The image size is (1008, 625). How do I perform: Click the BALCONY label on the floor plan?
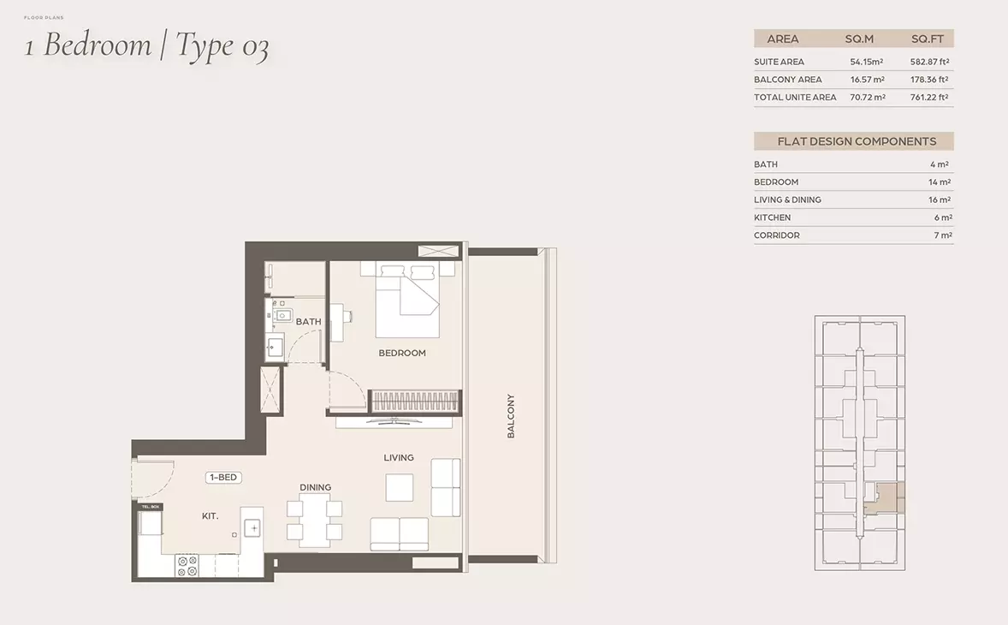tap(511, 416)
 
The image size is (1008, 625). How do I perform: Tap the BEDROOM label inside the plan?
tap(402, 353)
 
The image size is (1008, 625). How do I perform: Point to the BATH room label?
tap(309, 322)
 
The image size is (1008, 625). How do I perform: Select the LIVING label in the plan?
tap(399, 458)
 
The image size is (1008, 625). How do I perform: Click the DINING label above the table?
tap(316, 487)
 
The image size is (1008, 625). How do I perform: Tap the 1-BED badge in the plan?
tap(223, 477)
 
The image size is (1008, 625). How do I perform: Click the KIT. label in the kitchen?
tap(210, 515)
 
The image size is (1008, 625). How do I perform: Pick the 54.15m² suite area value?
tap(867, 62)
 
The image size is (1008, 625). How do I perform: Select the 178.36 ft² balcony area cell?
tap(929, 80)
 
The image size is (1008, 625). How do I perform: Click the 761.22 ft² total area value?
tap(929, 97)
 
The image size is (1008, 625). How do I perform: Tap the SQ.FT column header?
tap(927, 39)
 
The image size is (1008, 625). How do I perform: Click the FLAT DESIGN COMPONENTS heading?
tap(857, 141)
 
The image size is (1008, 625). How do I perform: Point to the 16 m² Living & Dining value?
tap(940, 200)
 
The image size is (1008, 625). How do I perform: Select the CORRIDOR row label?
tap(777, 235)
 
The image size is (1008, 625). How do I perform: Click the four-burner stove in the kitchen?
tap(187, 566)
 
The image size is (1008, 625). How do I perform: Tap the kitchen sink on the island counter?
tap(252, 528)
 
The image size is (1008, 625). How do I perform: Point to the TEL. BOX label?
tap(151, 507)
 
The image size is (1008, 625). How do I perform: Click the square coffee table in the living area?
tap(400, 487)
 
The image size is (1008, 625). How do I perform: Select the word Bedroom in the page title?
tap(98, 45)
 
